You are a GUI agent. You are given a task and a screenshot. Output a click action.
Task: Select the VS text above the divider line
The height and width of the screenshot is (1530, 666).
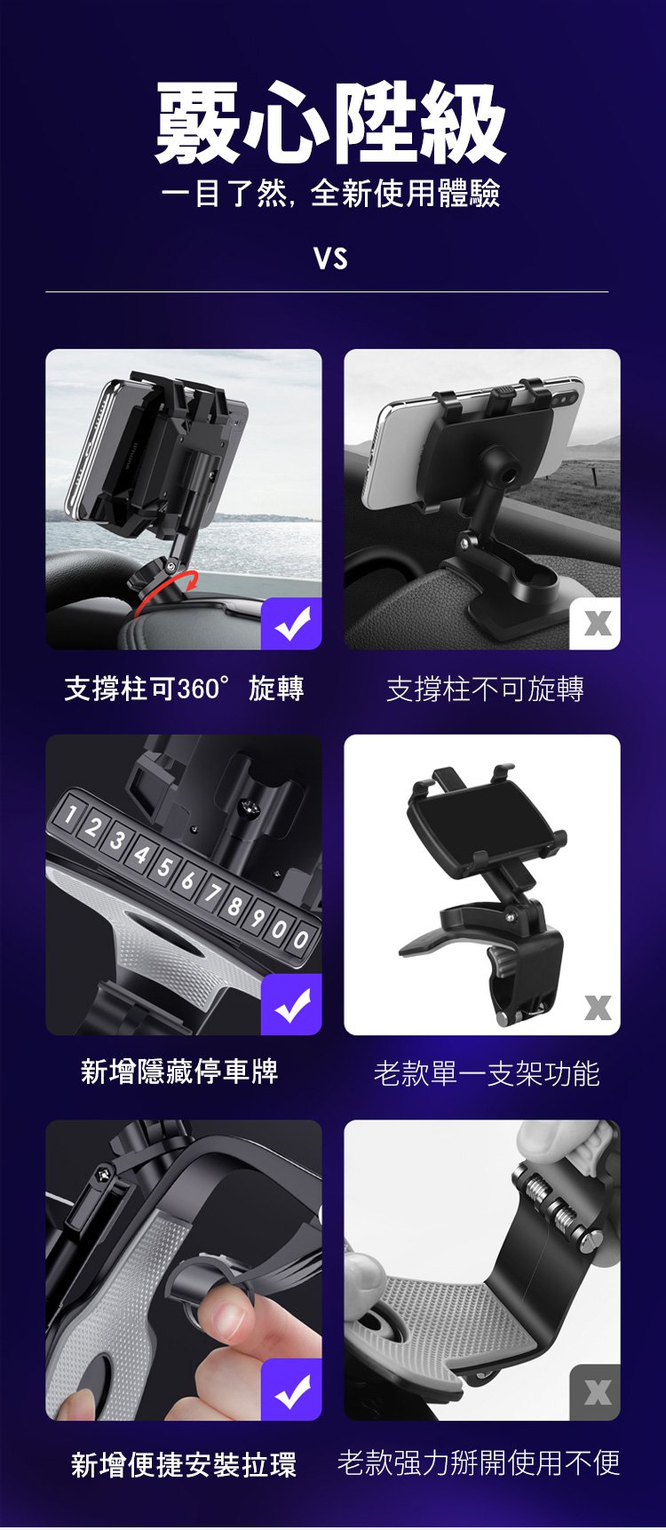coord(330,259)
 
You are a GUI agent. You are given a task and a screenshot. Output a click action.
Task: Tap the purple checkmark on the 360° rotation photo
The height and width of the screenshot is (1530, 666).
coord(291,624)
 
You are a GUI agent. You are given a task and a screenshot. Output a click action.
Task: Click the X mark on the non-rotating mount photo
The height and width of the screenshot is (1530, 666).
coord(596,624)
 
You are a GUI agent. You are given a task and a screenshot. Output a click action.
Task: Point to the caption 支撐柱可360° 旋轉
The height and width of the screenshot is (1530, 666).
coord(185,689)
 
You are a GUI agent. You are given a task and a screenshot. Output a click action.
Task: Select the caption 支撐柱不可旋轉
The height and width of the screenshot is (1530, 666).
coord(485,689)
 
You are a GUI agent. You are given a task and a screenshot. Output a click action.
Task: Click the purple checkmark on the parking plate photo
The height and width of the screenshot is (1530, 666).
coord(291,1005)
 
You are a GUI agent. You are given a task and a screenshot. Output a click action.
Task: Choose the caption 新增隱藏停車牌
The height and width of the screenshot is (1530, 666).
coord(179,1072)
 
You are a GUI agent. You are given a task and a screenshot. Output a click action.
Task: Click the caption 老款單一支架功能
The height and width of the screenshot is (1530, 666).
coord(487,1073)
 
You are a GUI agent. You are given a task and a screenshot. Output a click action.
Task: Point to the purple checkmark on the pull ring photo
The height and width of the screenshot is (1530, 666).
coord(291,1390)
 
